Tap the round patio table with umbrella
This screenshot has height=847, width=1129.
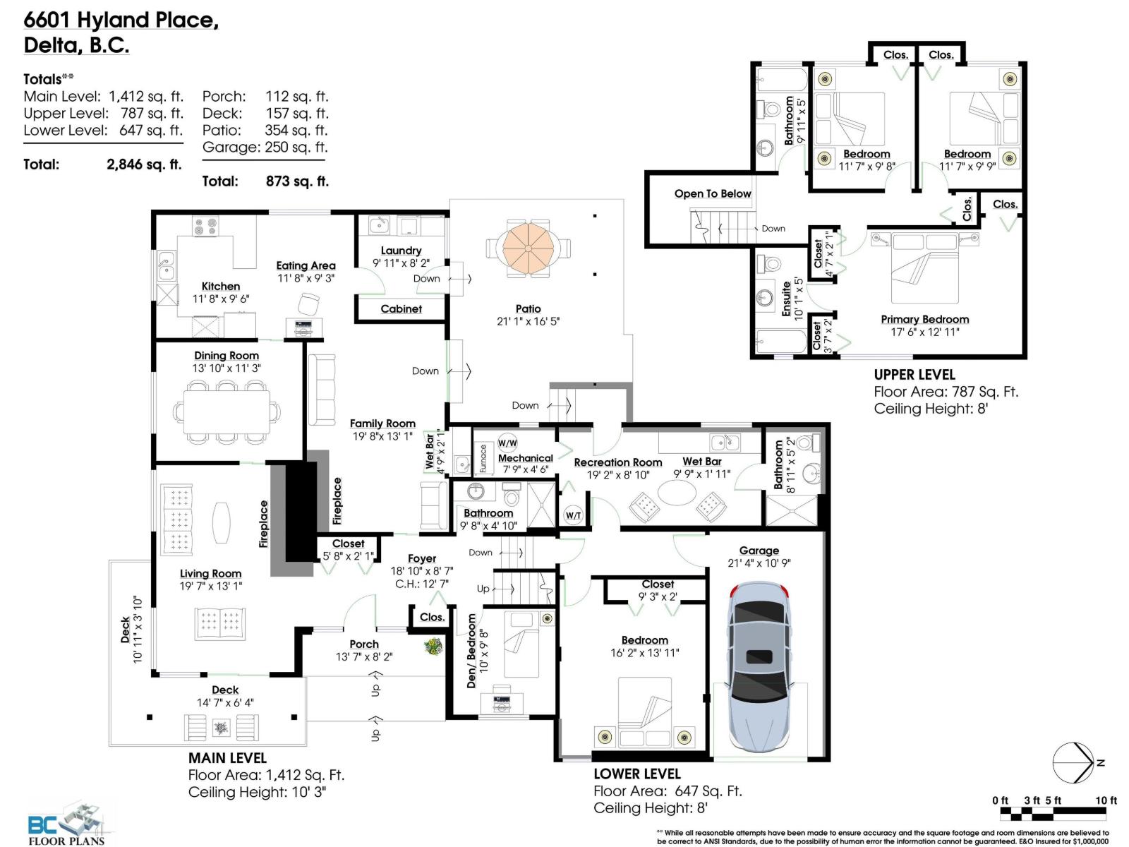coord(528,248)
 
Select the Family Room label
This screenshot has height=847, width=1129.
coord(382,423)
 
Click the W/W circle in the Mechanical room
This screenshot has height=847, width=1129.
coord(507,443)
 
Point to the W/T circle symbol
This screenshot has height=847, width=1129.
coord(573,515)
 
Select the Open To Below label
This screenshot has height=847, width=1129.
coord(712,193)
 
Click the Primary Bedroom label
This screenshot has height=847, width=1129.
coord(924,319)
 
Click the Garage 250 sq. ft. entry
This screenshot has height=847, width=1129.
coord(265,148)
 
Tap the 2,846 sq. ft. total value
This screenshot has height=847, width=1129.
coord(144,164)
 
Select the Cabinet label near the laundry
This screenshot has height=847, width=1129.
coord(401,308)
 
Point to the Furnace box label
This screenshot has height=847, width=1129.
coord(483,458)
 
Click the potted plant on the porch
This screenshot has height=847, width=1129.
coord(431,646)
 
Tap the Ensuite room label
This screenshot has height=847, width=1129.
coord(786,299)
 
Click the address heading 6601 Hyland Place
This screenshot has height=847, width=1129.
coord(121,20)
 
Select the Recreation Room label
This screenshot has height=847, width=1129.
coord(617,462)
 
